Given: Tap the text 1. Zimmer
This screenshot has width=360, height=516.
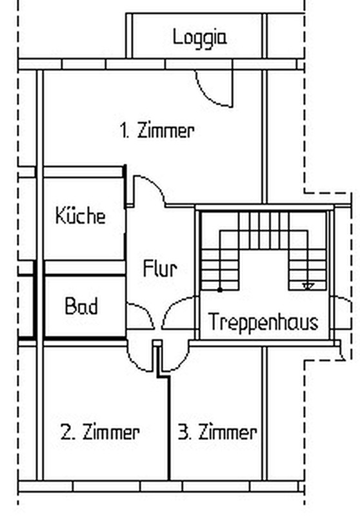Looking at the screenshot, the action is coord(157,130).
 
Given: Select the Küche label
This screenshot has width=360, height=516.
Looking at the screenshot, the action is coord(81,215).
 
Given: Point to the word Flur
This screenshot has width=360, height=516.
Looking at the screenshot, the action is coord(160,268).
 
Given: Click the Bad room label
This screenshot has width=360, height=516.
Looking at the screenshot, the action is coord(81,306).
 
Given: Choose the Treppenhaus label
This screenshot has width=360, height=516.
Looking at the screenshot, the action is coord(263,322).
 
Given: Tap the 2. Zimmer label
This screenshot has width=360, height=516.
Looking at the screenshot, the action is coord(100,432).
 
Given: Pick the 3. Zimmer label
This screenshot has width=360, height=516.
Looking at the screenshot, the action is coord(217,432).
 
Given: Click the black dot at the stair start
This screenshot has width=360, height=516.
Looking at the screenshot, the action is coord(220,290).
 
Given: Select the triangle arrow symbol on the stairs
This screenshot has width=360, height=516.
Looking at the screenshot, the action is coord(308,286).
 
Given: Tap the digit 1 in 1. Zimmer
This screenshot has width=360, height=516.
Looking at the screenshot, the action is coord(124,130).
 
